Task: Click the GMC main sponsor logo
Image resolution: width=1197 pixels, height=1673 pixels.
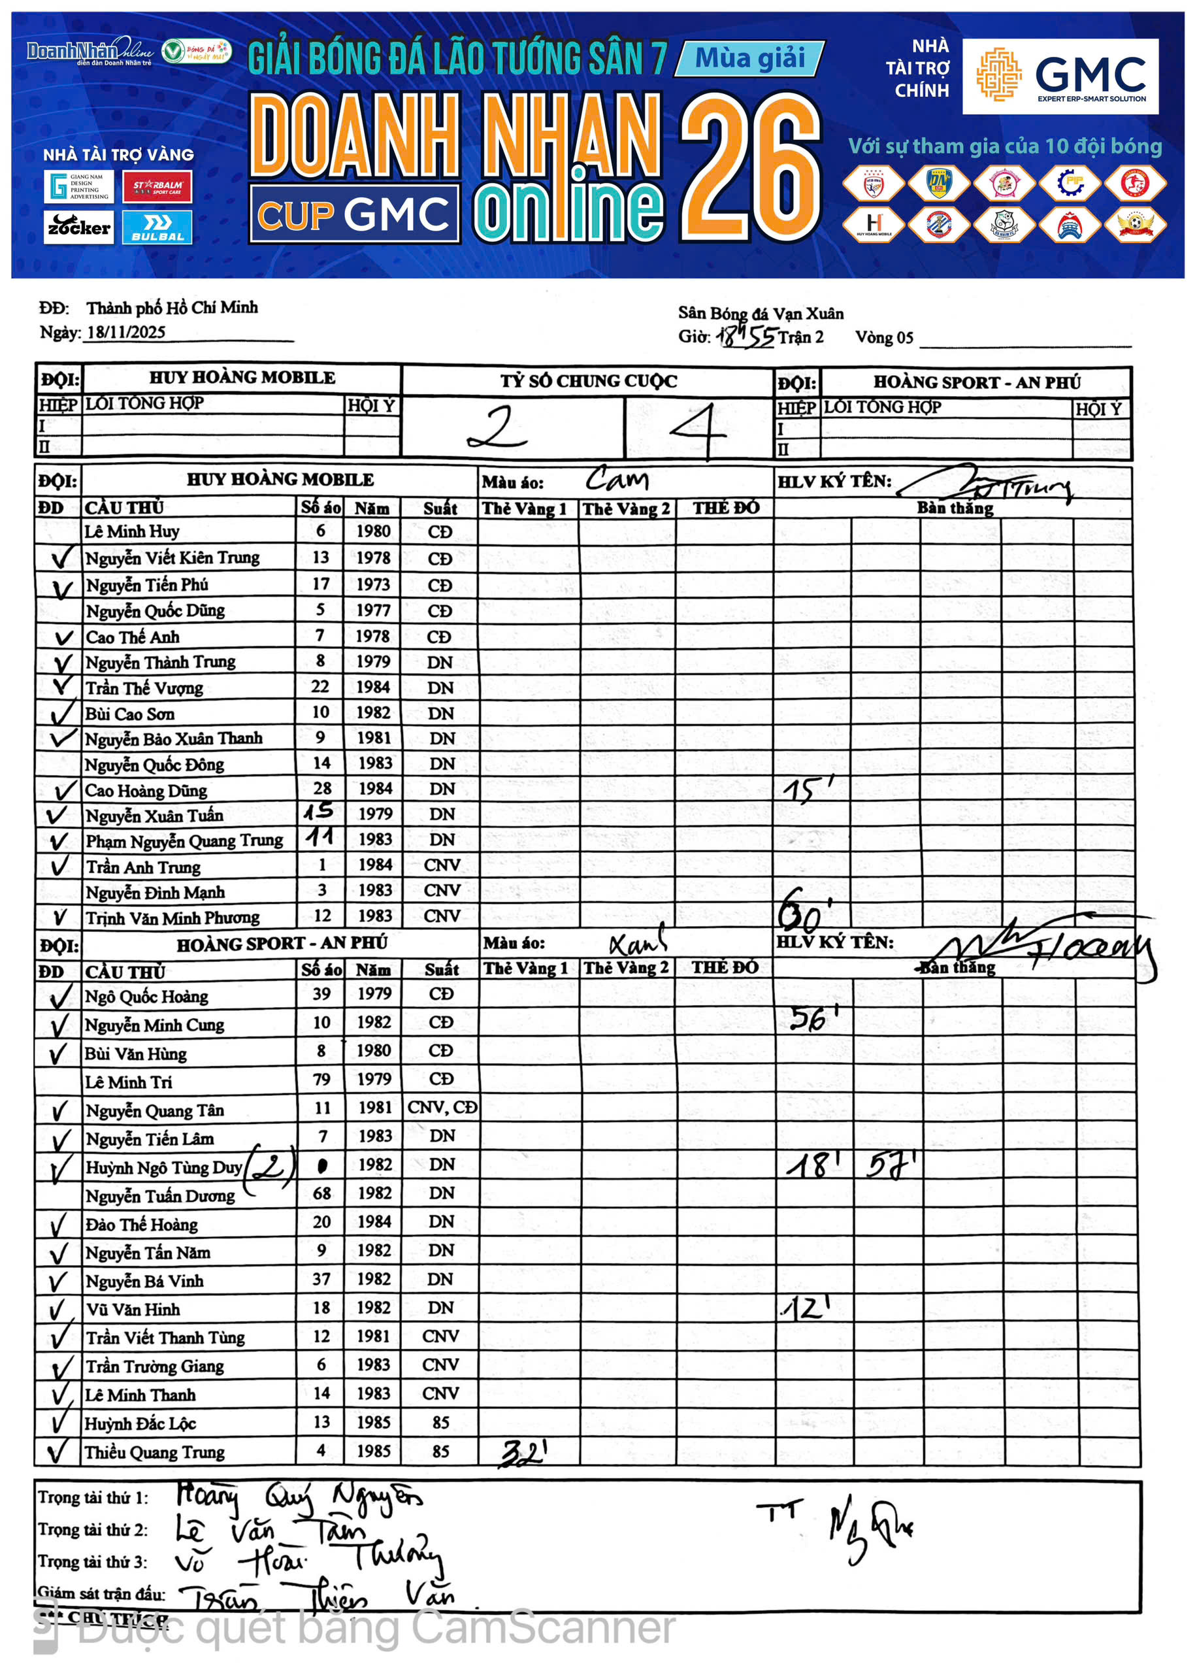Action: coord(1059,76)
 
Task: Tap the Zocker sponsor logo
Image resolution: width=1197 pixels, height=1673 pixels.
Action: coord(79,227)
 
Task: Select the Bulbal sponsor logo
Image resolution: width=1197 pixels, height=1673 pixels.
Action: coord(157,227)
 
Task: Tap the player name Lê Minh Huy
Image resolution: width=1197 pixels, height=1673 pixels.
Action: coord(132,531)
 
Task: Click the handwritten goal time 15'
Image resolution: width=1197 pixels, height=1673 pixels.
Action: coord(808,789)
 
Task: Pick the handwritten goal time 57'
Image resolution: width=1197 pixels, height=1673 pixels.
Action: coord(891,1165)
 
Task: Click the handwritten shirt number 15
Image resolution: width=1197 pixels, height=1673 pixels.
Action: coord(319,812)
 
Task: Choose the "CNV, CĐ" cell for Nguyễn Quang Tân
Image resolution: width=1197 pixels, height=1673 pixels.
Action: coord(442,1107)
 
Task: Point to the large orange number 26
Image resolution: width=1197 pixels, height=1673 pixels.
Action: coord(749,168)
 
